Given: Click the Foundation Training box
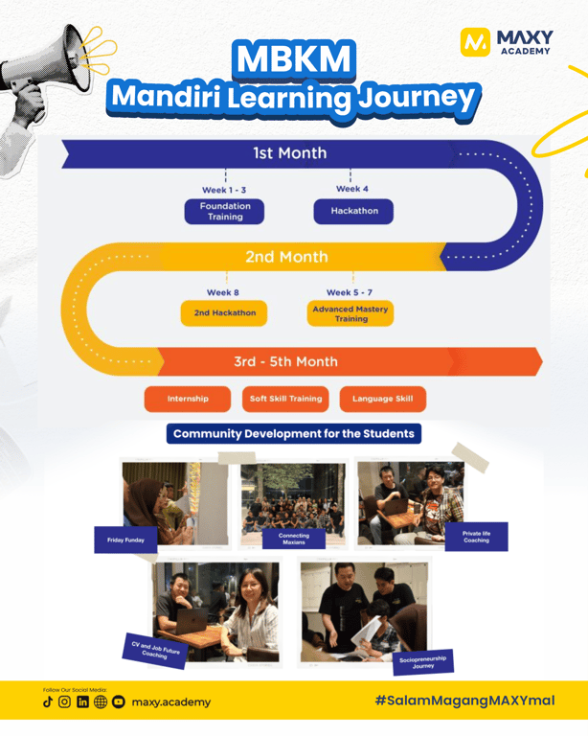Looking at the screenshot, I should pyautogui.click(x=224, y=211).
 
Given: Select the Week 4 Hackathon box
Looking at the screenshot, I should pyautogui.click(x=353, y=211).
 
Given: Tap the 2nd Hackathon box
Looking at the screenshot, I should pyautogui.click(x=224, y=313).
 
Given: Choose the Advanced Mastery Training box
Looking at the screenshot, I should pyautogui.click(x=351, y=314).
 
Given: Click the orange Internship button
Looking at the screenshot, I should pyautogui.click(x=188, y=399).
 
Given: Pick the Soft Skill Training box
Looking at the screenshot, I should pyautogui.click(x=285, y=399).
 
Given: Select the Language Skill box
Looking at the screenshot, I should pyautogui.click(x=383, y=399).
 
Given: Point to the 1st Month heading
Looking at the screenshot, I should pyautogui.click(x=289, y=152).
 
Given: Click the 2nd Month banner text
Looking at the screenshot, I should pyautogui.click(x=285, y=257).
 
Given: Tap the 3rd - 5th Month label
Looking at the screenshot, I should pyautogui.click(x=285, y=361).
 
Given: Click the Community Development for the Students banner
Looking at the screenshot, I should pyautogui.click(x=294, y=433).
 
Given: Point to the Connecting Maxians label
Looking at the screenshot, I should pyautogui.click(x=294, y=539).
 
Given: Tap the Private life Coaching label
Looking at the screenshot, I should pyautogui.click(x=475, y=537).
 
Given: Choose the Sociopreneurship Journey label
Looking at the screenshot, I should pyautogui.click(x=421, y=661).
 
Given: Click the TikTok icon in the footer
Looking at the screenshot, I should pyautogui.click(x=47, y=702).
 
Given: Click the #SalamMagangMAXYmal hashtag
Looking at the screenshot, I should pyautogui.click(x=464, y=701).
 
